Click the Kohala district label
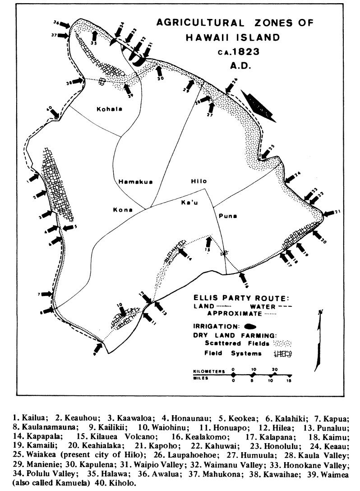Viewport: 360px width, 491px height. pos(107,109)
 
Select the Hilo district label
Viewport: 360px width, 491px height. pos(198,181)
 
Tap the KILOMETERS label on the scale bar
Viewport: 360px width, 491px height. pos(208,371)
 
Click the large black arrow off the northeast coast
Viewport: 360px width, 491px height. pos(259,106)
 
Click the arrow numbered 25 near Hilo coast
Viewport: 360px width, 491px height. pos(268,152)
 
